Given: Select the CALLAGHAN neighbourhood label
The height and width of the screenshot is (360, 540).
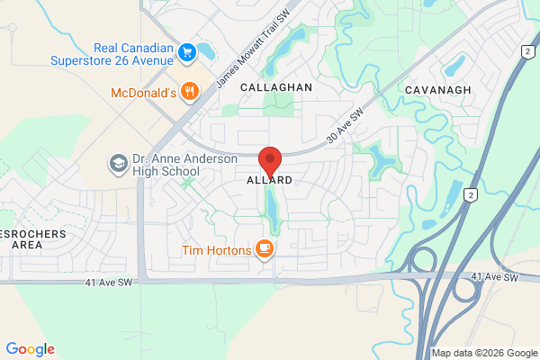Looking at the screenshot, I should tap(275, 87).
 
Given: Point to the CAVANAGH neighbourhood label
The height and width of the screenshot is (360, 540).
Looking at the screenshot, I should tap(437, 91).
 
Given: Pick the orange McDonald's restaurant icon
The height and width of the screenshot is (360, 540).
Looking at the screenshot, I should tap(189, 91).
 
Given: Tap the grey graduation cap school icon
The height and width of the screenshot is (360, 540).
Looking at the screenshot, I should tap(118, 163).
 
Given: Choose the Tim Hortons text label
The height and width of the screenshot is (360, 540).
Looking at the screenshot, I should tap(215, 249).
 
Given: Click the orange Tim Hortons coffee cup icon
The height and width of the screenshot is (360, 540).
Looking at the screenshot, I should tap(264, 248).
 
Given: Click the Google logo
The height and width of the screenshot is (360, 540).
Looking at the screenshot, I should tap(30, 349).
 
